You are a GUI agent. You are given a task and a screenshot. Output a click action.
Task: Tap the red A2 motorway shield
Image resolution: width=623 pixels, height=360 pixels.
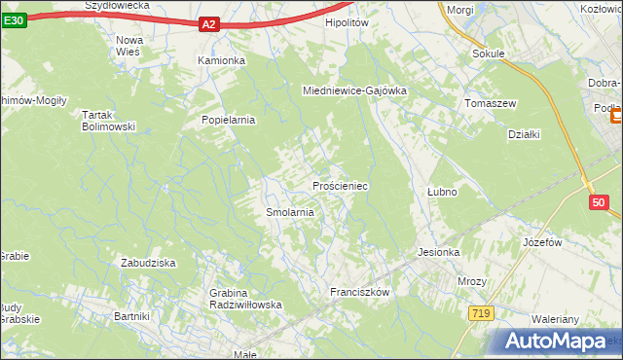click(209, 24)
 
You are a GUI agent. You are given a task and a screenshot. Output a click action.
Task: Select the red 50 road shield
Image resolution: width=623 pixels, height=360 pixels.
click(599, 202)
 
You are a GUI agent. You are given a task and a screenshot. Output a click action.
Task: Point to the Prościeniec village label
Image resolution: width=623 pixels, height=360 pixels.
click(339, 185)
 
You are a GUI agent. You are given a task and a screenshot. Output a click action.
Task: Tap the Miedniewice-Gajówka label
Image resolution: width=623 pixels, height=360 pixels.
click(354, 90)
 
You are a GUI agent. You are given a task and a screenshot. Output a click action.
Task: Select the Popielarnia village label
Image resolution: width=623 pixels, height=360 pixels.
click(228, 120)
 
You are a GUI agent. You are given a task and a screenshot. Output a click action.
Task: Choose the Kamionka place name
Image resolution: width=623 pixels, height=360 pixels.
click(221, 60)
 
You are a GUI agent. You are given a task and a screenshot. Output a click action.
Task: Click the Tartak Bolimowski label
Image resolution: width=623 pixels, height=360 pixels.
click(107, 120)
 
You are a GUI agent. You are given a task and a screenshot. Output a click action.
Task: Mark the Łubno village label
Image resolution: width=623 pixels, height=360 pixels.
click(442, 192)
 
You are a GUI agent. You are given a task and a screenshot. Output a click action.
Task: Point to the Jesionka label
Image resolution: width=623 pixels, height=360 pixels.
click(438, 252)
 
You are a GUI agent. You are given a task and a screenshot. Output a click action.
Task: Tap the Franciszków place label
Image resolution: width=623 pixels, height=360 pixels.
click(360, 292)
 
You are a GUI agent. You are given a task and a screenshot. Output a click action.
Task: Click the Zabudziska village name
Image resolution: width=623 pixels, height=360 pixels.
click(147, 263)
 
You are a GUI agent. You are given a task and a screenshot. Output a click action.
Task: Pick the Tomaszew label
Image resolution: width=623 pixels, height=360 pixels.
click(490, 103)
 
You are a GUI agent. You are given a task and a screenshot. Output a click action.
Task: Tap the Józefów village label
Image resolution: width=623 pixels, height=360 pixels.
click(544, 241)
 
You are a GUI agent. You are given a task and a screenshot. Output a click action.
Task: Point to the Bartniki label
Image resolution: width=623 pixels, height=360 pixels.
click(131, 316)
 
